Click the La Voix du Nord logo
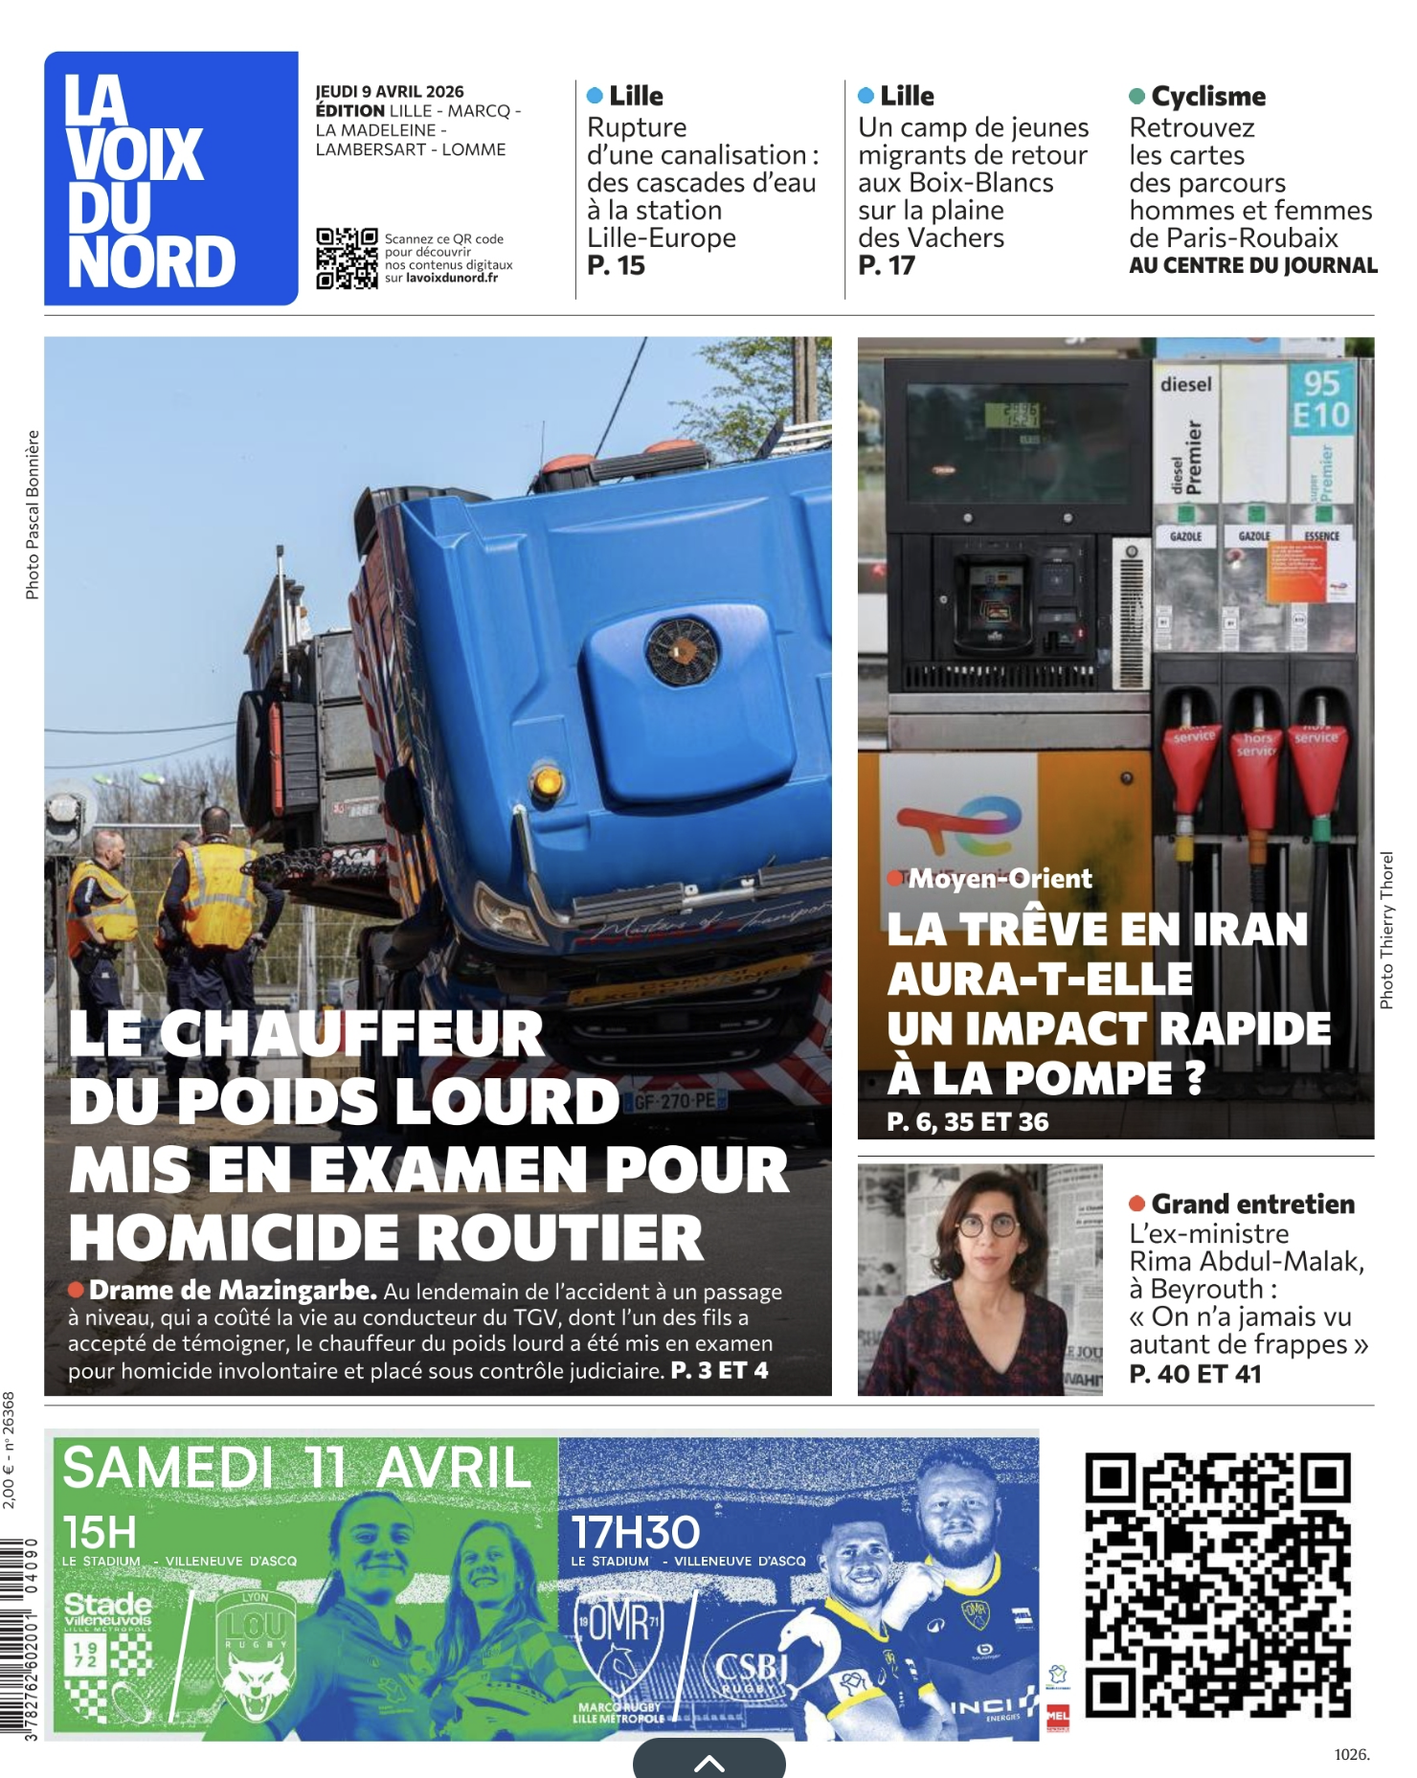click(170, 179)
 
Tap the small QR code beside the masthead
click(347, 259)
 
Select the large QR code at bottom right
click(1217, 1585)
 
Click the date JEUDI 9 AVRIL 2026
click(390, 92)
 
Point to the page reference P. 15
click(617, 266)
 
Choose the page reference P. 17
click(887, 266)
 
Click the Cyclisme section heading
click(1208, 97)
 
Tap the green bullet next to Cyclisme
click(1137, 97)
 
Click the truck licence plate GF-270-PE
click(675, 1102)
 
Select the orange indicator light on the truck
click(546, 781)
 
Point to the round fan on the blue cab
click(682, 651)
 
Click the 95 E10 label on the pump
click(1320, 399)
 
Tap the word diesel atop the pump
click(1185, 385)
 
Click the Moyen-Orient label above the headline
click(1000, 879)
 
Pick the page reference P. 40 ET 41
click(1195, 1374)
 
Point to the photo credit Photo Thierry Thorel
click(1386, 930)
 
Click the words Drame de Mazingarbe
click(233, 1291)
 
